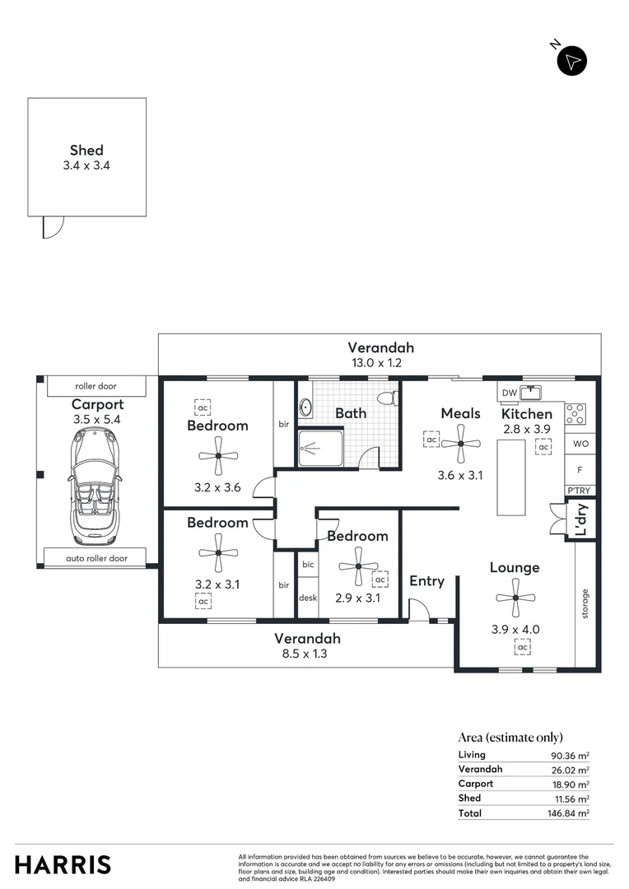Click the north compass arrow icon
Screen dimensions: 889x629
(x=572, y=61)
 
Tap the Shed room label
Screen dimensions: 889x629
(x=86, y=150)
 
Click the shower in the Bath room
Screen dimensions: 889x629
(x=319, y=448)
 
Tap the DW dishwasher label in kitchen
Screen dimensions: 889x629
(x=509, y=393)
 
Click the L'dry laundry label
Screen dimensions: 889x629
(x=580, y=521)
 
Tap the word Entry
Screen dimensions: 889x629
(x=426, y=581)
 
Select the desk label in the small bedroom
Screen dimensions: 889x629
(x=308, y=598)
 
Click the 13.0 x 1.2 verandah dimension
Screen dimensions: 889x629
(x=380, y=362)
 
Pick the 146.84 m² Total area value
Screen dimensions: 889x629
(x=571, y=813)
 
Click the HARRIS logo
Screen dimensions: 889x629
(x=63, y=864)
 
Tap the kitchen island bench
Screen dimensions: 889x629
(x=511, y=477)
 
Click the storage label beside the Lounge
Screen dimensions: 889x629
(x=585, y=603)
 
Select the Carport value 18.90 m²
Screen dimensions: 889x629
(x=571, y=784)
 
